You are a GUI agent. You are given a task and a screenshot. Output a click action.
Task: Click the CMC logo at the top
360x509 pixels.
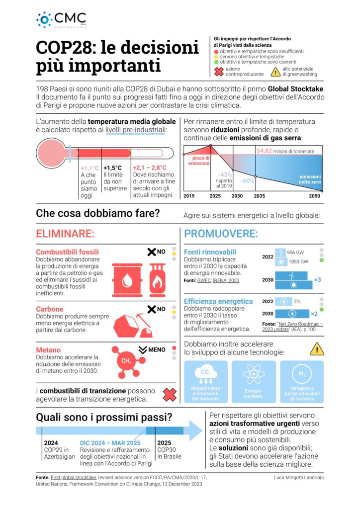(61, 19)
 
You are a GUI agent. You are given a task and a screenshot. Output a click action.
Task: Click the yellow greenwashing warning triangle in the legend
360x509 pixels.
(275, 72)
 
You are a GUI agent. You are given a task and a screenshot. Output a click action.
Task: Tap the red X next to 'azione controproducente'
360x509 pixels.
(218, 72)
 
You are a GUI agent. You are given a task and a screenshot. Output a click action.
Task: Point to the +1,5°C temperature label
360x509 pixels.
(112, 168)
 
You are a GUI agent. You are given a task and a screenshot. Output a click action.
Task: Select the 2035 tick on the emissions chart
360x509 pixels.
(259, 196)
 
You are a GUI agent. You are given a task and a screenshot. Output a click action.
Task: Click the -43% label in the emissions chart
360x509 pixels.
(225, 174)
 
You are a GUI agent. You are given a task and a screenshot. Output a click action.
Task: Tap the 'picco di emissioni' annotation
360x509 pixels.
(199, 161)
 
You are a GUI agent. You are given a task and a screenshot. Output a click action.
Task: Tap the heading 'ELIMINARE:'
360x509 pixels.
(65, 234)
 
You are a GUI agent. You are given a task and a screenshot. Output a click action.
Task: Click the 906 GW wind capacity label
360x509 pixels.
(297, 252)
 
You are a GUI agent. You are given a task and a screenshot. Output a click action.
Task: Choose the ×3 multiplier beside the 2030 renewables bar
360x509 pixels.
(317, 280)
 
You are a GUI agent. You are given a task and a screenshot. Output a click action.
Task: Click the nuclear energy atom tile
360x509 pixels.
(253, 381)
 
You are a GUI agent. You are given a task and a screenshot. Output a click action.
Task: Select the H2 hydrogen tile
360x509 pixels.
(302, 381)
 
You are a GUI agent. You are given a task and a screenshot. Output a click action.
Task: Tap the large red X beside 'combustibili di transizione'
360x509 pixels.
(170, 395)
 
